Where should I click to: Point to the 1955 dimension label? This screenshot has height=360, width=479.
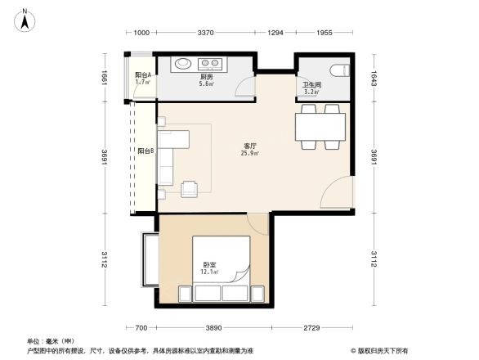325,33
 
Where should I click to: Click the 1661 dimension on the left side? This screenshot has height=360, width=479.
105,78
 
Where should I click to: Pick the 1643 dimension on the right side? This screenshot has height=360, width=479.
374,78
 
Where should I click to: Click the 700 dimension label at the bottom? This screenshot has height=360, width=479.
141,327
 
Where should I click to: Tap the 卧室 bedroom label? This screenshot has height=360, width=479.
209,266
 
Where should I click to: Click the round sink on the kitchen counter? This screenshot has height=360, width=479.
181,63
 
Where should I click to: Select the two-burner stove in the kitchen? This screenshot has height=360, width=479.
211,63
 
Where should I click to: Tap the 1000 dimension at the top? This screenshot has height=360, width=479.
141,33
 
